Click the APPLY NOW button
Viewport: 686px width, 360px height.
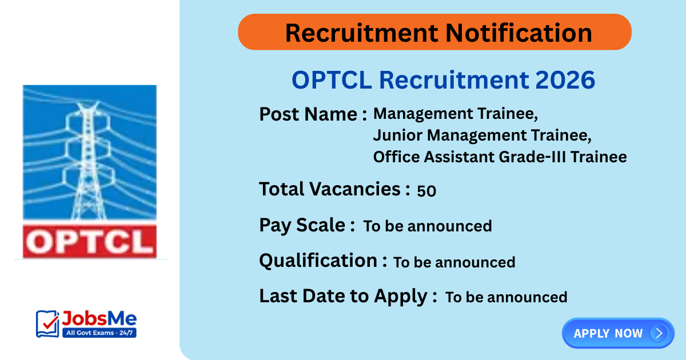[608, 333]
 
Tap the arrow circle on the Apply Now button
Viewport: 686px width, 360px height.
[659, 333]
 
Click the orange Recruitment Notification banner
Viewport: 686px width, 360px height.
[434, 32]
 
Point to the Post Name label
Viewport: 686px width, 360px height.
[313, 114]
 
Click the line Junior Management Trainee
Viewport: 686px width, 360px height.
[481, 135]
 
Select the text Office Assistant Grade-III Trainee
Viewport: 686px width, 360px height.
[500, 157]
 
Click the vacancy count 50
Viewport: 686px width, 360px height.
[426, 191]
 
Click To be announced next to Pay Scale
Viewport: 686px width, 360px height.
[428, 226]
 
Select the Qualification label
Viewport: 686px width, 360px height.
[318, 261]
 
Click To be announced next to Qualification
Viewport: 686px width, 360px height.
[454, 262]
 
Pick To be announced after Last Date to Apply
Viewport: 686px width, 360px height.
[506, 297]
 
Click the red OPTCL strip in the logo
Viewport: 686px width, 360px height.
[89, 241]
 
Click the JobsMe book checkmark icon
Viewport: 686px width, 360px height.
[47, 324]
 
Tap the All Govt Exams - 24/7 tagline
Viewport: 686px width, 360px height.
[98, 333]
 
